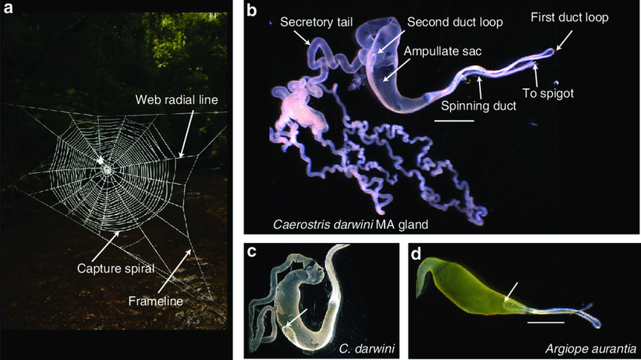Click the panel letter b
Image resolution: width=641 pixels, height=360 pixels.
pyautogui.click(x=252, y=10)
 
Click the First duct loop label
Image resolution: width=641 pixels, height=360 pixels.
pyautogui.click(x=570, y=18)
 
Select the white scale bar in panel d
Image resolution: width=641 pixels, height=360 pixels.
pyautogui.click(x=546, y=322)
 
